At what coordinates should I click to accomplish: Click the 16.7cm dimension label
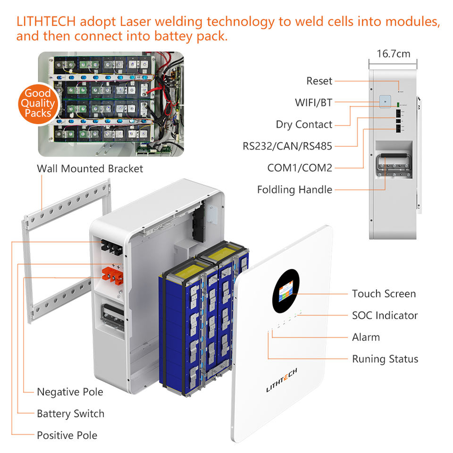tap(393, 54)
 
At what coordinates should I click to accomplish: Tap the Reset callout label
tap(319, 81)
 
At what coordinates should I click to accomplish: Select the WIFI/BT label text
tap(313, 102)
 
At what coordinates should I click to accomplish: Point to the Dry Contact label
tap(304, 125)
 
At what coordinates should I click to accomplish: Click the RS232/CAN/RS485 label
tap(287, 146)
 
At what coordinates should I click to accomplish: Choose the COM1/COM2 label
tap(300, 168)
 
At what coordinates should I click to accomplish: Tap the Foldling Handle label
tap(294, 190)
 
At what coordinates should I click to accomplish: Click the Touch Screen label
tap(384, 294)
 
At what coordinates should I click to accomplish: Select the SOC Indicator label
tap(385, 316)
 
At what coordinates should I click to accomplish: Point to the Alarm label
tap(366, 337)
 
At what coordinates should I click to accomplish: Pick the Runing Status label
tap(385, 359)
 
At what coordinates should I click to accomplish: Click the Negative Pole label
tap(70, 392)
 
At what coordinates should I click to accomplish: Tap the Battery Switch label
tap(70, 414)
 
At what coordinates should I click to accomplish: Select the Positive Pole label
tap(67, 436)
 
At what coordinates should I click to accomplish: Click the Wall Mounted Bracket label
tap(90, 169)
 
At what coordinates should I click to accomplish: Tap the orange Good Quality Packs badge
tap(38, 104)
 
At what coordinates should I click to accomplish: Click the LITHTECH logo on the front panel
tap(281, 380)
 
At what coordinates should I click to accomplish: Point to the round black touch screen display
tap(286, 291)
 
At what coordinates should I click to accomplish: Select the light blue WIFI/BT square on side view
tap(385, 102)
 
